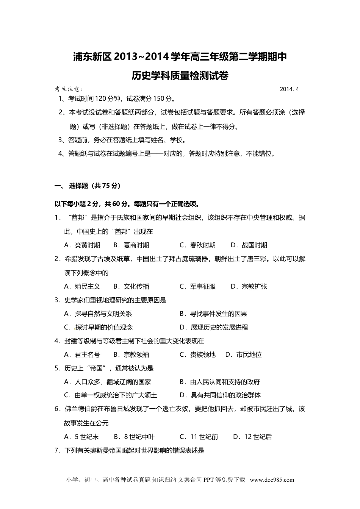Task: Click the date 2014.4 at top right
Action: coord(290,89)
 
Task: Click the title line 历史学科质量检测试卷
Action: coord(180,76)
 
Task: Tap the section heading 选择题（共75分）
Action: coord(94,186)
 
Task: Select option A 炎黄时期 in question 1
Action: coord(82,245)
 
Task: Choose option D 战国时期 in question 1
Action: coord(249,245)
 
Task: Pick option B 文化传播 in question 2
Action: coord(131,286)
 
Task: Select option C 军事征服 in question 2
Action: coord(197,286)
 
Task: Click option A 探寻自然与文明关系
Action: coord(98,314)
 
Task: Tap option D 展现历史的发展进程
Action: coord(214,327)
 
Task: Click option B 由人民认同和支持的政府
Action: coord(220,382)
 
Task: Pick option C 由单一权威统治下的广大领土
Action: coord(111,395)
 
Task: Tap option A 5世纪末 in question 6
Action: coord(81,437)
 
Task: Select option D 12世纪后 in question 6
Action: coord(252,437)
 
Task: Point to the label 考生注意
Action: coord(69,89)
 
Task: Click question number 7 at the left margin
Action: coord(57,450)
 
